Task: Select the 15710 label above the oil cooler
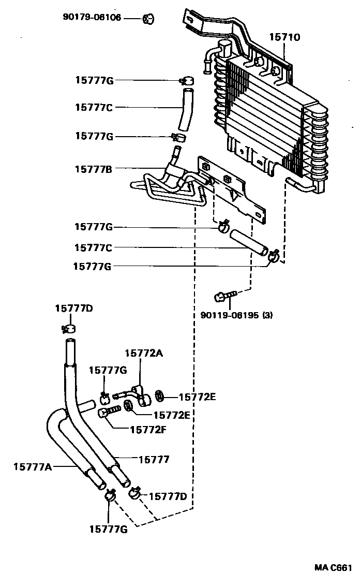click(x=284, y=37)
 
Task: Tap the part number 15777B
click(x=94, y=168)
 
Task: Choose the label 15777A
click(x=33, y=467)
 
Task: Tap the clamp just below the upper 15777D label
click(x=68, y=328)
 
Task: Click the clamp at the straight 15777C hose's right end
click(x=274, y=254)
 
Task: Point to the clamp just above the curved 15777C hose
click(x=186, y=81)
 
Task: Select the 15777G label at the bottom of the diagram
click(x=108, y=529)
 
